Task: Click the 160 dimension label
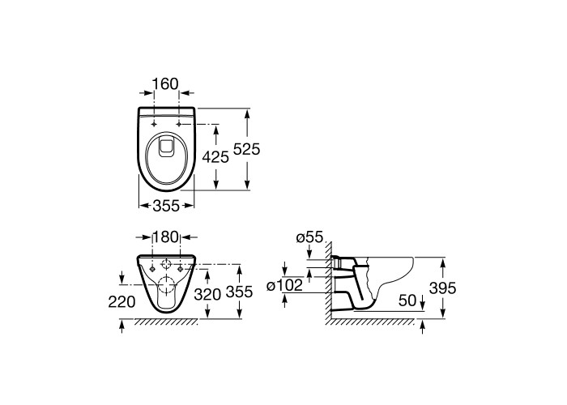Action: click(x=165, y=84)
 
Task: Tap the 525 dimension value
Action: click(x=246, y=149)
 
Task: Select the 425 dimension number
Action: click(x=215, y=157)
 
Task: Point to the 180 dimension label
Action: click(x=166, y=237)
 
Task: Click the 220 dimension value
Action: click(x=122, y=301)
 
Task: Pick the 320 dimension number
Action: click(x=207, y=294)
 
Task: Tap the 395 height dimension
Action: click(x=442, y=288)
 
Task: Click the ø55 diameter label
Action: click(x=309, y=237)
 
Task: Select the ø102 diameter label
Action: click(x=284, y=286)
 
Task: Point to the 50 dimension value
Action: click(x=407, y=301)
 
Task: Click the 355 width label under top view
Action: click(x=166, y=206)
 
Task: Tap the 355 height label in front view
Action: click(x=239, y=292)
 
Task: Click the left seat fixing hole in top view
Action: click(x=154, y=124)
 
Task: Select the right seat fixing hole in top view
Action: click(x=179, y=124)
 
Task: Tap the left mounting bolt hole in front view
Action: click(x=152, y=269)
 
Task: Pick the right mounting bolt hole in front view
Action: click(x=180, y=269)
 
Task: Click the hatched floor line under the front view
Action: click(x=166, y=322)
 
